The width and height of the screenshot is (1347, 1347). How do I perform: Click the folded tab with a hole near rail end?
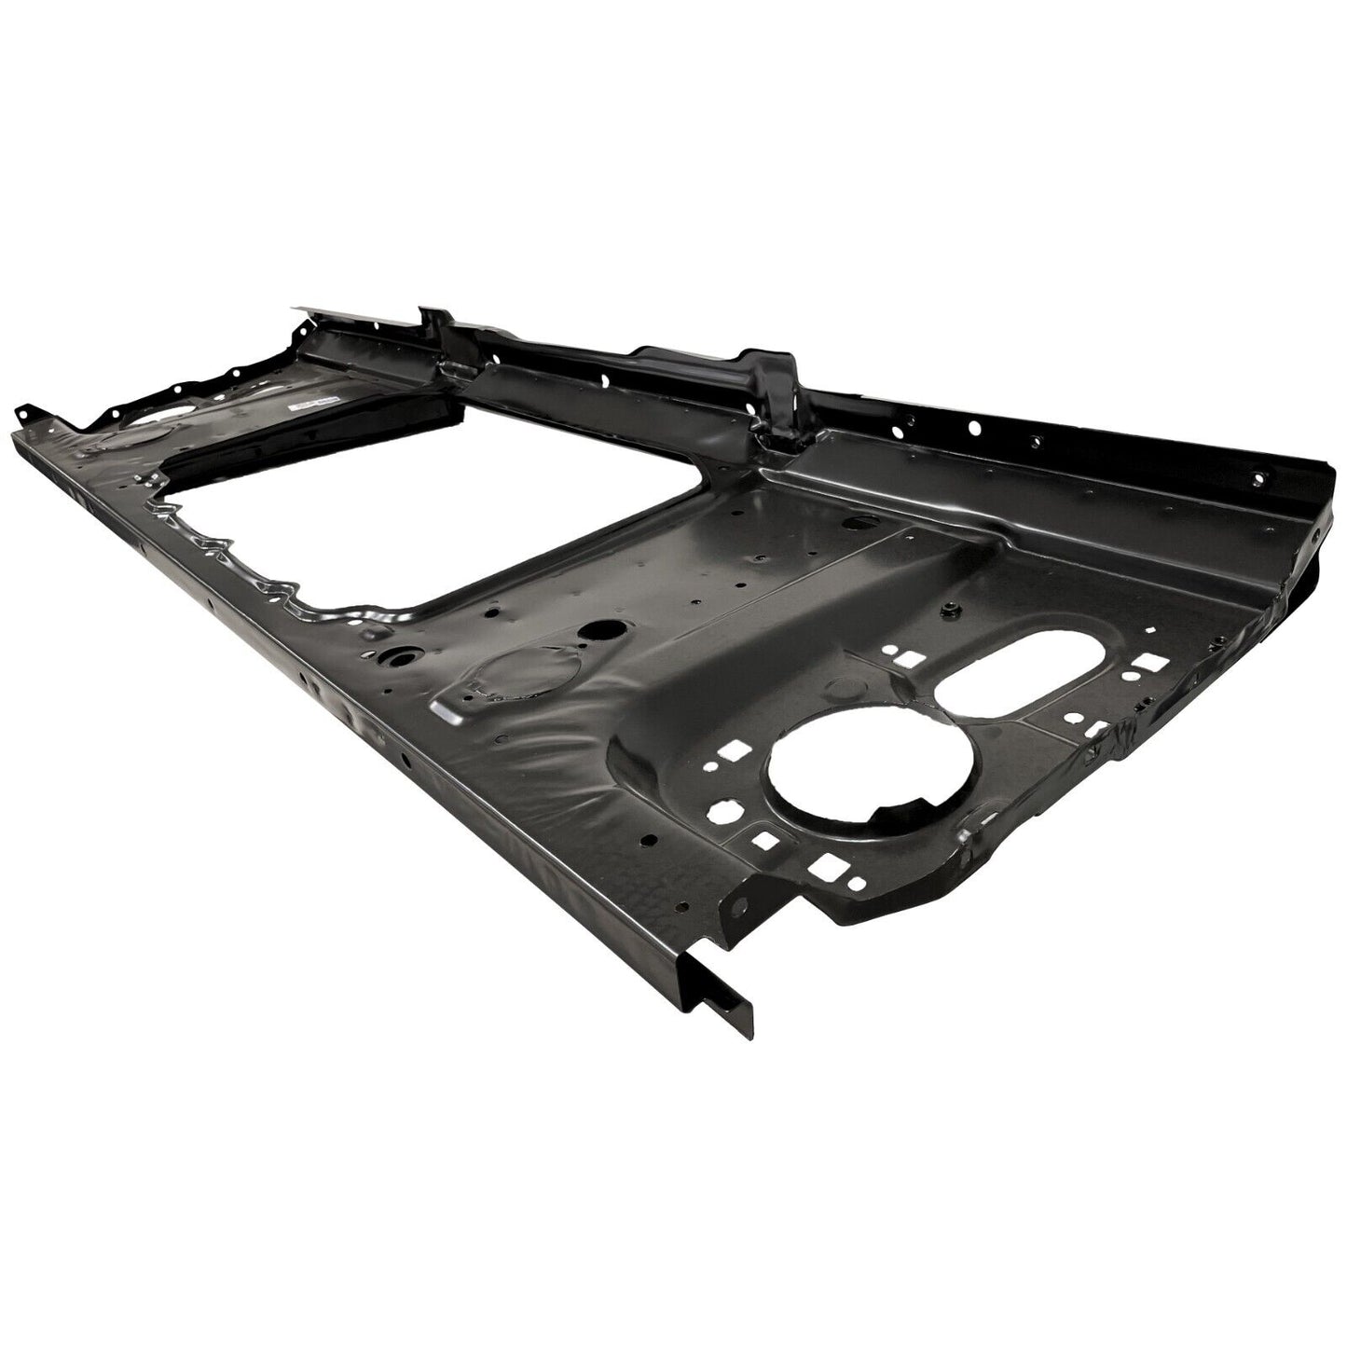click(743, 902)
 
